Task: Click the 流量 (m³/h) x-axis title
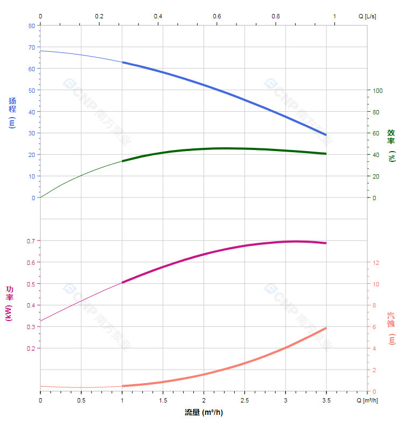pos(204,413)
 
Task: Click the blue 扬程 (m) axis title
pos(12,112)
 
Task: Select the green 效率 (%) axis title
pos(391,144)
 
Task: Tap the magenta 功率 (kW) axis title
pos(9,303)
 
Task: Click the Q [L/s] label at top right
pos(367,16)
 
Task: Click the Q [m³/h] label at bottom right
pos(367,400)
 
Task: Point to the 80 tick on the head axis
pos(31,25)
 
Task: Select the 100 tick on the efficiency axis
pos(378,91)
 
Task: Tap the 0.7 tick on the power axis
pos(30,241)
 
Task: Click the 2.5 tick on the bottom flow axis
pos(245,400)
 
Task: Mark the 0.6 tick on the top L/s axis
pos(217,16)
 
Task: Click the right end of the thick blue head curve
pos(326,134)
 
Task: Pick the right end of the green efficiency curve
pos(326,154)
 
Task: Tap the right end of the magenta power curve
pos(326,243)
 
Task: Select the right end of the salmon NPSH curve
pos(326,328)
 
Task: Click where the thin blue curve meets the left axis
pos(40,51)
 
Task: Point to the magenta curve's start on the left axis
pos(40,320)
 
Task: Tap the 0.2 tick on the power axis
pos(30,349)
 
